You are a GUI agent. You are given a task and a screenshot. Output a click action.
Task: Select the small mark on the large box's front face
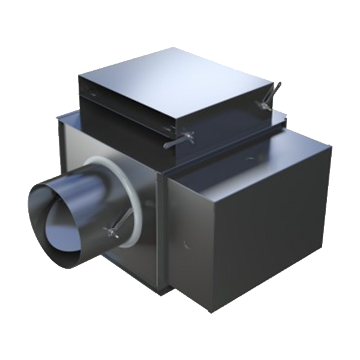tap(185, 244)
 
